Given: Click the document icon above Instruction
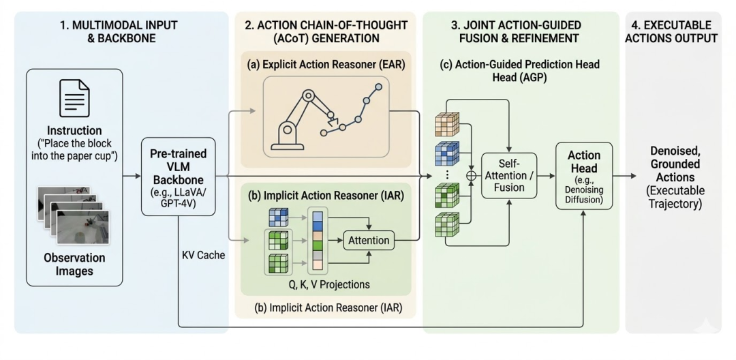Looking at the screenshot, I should click(x=75, y=100).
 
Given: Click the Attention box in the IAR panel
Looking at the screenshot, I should click(x=369, y=240).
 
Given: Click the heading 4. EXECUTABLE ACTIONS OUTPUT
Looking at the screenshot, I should click(x=673, y=31).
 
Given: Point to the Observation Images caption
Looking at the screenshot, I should click(x=75, y=265).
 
